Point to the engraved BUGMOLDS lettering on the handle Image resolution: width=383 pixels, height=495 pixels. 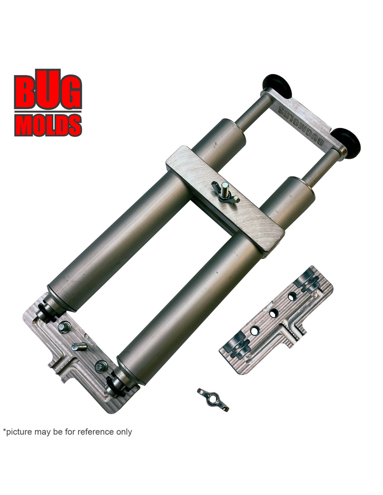[301, 126]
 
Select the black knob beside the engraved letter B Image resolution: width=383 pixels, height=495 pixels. [346, 141]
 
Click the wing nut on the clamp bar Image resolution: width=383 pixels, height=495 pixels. [226, 192]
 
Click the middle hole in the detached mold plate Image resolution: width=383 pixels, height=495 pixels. [273, 313]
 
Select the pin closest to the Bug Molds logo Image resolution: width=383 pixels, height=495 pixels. [64, 327]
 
